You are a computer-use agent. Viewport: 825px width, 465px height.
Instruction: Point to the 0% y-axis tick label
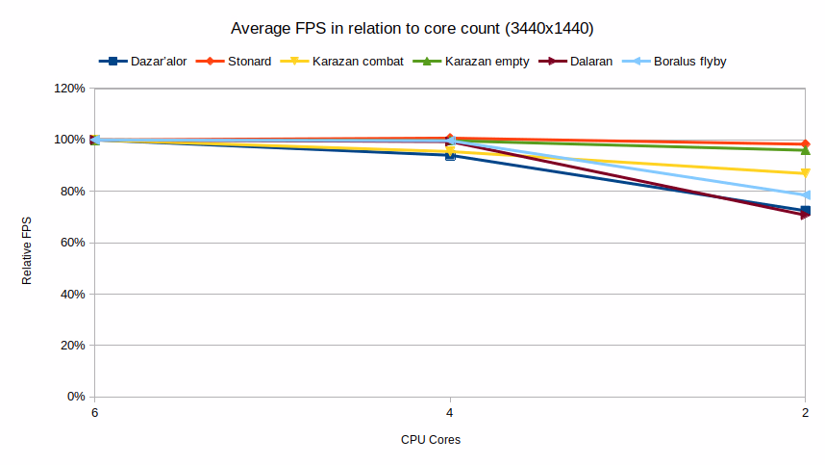click(77, 397)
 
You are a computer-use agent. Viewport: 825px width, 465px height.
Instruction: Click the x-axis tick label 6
click(94, 413)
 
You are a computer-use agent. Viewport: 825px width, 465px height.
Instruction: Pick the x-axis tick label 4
click(450, 413)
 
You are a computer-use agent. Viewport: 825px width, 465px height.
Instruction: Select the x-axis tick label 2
click(805, 413)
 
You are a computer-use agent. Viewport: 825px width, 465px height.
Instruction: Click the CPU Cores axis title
click(431, 440)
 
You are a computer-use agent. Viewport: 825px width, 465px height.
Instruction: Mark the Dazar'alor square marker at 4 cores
click(450, 155)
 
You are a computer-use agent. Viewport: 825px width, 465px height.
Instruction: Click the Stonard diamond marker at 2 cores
click(805, 144)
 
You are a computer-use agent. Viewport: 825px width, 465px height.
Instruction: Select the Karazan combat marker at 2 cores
click(805, 174)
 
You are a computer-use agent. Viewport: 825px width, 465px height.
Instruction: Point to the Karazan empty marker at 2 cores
click(805, 150)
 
